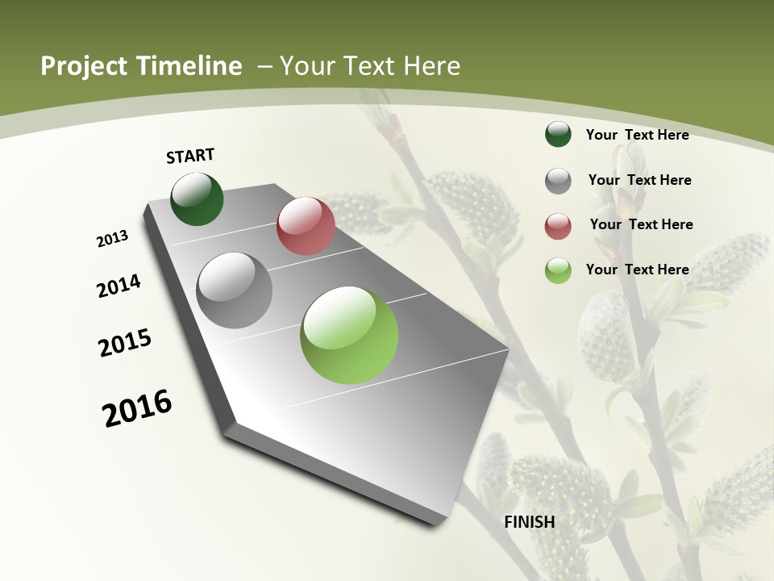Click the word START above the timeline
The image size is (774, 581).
pyautogui.click(x=190, y=156)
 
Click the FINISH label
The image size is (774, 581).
pyautogui.click(x=530, y=522)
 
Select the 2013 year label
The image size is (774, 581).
pyautogui.click(x=113, y=239)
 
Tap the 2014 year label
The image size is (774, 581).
pyautogui.click(x=119, y=286)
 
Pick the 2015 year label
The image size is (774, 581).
pyautogui.click(x=125, y=342)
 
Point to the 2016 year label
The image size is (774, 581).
pyautogui.click(x=137, y=408)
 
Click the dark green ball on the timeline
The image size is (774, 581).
pyautogui.click(x=197, y=199)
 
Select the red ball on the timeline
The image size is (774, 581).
pyautogui.click(x=306, y=225)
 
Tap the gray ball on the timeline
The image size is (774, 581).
pyautogui.click(x=235, y=290)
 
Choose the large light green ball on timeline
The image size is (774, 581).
pyautogui.click(x=349, y=335)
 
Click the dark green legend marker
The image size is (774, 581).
pyautogui.click(x=558, y=135)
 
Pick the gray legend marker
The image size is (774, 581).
pyautogui.click(x=558, y=181)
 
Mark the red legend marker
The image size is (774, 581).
pyautogui.click(x=558, y=226)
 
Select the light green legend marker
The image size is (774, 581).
pyautogui.click(x=558, y=270)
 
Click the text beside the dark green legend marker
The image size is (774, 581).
pyautogui.click(x=637, y=135)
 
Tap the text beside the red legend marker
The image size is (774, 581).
pyautogui.click(x=641, y=224)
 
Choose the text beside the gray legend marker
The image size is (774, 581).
pyautogui.click(x=639, y=180)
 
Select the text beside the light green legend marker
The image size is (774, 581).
pyautogui.click(x=637, y=270)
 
